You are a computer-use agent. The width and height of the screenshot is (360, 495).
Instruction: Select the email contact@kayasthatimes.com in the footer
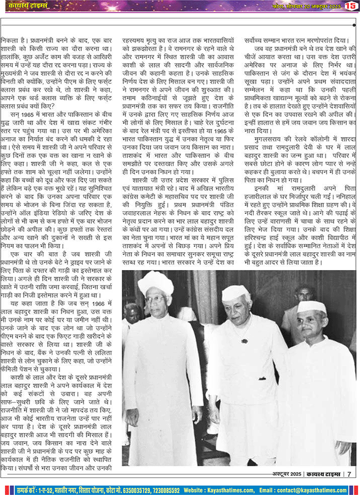click(310, 490)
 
